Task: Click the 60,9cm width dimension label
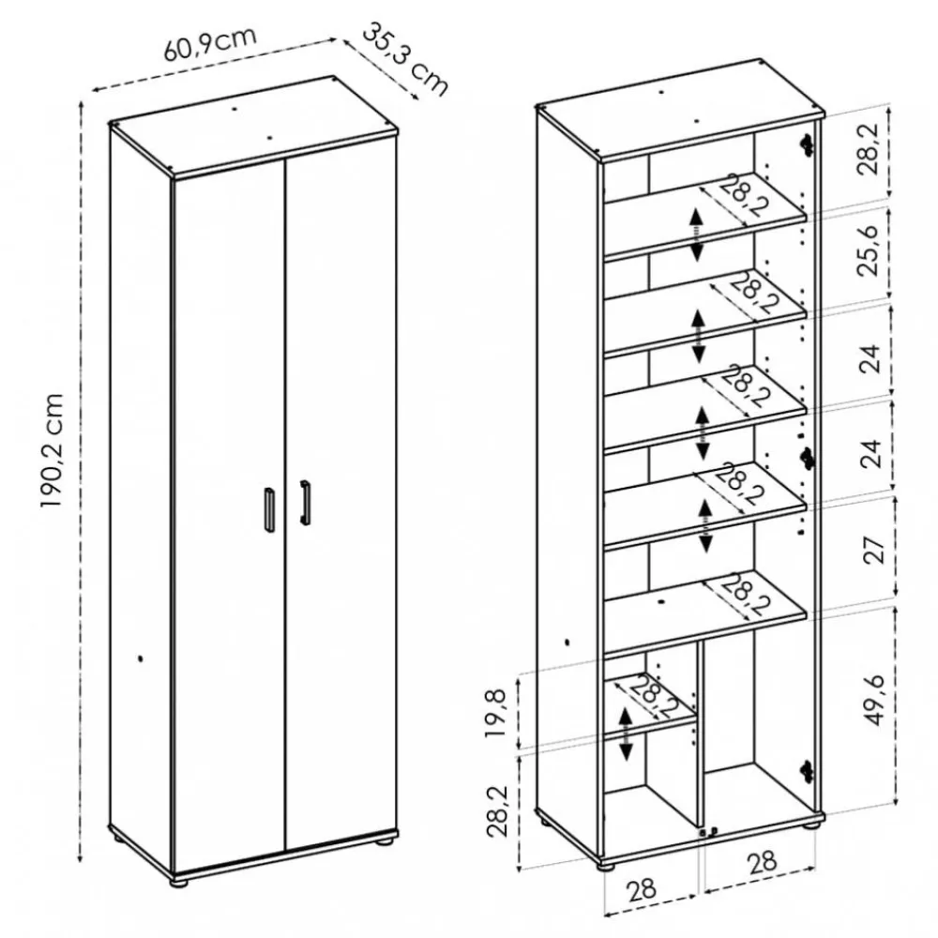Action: coord(210,44)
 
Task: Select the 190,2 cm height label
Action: coord(52,451)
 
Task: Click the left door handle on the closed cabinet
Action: coord(268,509)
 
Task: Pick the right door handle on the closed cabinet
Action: coord(305,503)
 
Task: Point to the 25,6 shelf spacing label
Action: coord(869,250)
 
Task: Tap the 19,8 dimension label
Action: coord(496,713)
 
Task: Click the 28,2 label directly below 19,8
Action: coord(496,810)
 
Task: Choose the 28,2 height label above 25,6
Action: coord(868,149)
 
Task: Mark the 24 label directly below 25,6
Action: coord(872,358)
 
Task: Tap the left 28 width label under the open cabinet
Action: coord(642,889)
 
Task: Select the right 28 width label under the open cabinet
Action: coord(762,861)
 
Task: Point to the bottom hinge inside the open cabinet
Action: coord(807,772)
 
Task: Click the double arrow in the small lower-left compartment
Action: coord(626,734)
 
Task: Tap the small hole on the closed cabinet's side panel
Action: coord(140,658)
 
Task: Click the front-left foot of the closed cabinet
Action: coord(176,881)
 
